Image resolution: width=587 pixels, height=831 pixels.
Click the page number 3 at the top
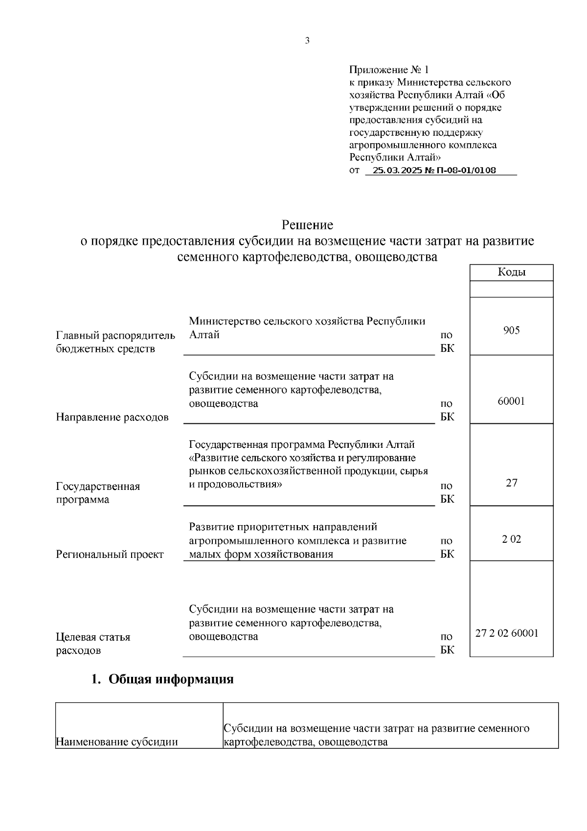307,41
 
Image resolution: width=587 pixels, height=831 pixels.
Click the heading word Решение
307,225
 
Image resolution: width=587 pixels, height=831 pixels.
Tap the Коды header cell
511,273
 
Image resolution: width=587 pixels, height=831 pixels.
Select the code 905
511,330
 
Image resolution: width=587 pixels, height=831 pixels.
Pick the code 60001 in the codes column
511,401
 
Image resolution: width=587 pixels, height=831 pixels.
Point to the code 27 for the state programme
511,483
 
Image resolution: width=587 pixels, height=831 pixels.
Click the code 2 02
511,539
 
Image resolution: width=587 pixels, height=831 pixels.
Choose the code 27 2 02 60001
507,633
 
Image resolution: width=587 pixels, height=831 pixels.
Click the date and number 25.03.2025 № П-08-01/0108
434,170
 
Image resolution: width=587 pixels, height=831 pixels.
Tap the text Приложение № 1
389,69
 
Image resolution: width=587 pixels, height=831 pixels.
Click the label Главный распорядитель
115,335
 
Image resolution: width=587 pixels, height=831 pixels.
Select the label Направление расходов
112,417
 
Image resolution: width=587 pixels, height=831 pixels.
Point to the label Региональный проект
110,554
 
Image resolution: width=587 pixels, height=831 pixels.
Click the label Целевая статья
93,637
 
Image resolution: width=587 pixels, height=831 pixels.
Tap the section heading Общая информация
170,679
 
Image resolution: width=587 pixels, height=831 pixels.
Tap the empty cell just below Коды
511,289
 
